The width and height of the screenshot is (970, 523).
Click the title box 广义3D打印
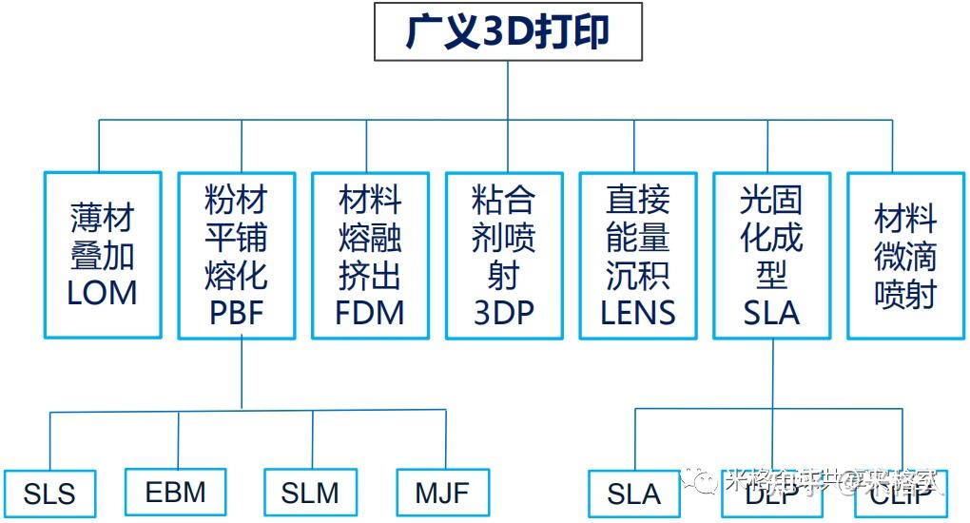[507, 31]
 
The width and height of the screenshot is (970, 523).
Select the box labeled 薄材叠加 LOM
[103, 255]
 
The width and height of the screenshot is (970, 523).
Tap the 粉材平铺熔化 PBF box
[237, 255]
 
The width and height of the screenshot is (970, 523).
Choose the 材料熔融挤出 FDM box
[371, 255]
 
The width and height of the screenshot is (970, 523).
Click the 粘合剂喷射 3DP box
[505, 255]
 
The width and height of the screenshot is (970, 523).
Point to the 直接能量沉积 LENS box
[639, 255]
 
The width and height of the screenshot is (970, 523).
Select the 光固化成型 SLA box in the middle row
[772, 255]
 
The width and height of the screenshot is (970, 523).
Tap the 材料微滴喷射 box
[906, 255]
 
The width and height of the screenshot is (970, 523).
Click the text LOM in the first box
[103, 293]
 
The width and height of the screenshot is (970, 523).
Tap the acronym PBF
[237, 312]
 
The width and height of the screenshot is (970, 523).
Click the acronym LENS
[639, 312]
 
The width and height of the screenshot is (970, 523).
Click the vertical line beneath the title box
[507, 90]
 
